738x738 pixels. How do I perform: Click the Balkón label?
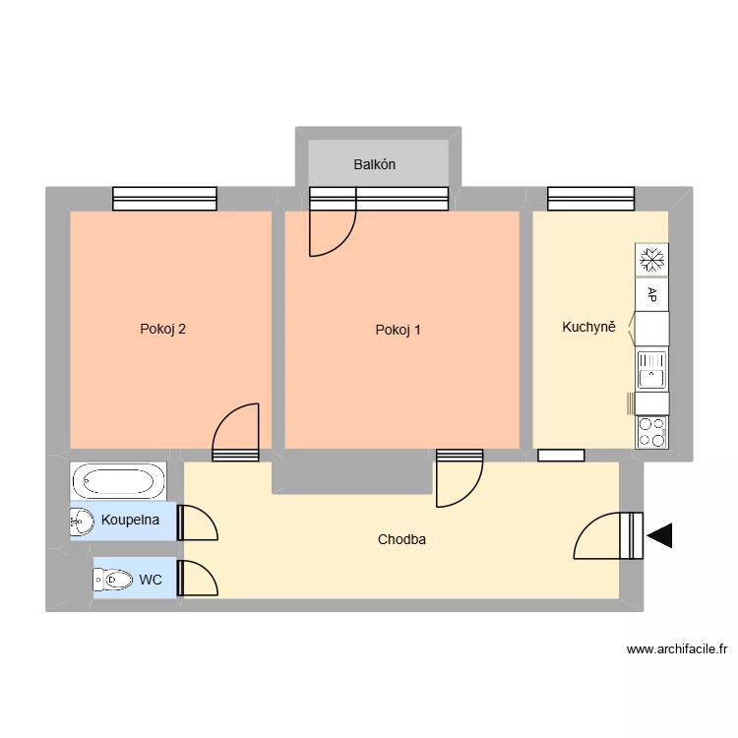click(x=375, y=164)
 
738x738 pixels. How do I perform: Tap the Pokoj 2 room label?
click(x=163, y=330)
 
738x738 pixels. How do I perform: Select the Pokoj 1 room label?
click(x=398, y=330)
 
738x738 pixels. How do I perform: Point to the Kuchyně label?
click(x=588, y=327)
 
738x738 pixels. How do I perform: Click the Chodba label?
click(x=401, y=539)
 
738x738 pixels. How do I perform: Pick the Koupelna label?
click(x=130, y=519)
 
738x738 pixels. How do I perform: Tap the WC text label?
click(x=151, y=581)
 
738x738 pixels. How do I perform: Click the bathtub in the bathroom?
click(x=118, y=482)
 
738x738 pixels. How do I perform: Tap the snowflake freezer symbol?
click(x=651, y=260)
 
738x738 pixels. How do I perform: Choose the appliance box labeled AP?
click(x=651, y=293)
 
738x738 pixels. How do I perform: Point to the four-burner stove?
click(x=651, y=431)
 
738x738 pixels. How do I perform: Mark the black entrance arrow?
click(x=659, y=536)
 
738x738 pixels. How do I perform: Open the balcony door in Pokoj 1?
click(x=331, y=232)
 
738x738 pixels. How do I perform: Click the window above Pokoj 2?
click(x=164, y=199)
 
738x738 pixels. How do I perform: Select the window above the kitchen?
click(x=590, y=199)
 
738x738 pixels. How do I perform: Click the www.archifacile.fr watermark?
click(x=676, y=649)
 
